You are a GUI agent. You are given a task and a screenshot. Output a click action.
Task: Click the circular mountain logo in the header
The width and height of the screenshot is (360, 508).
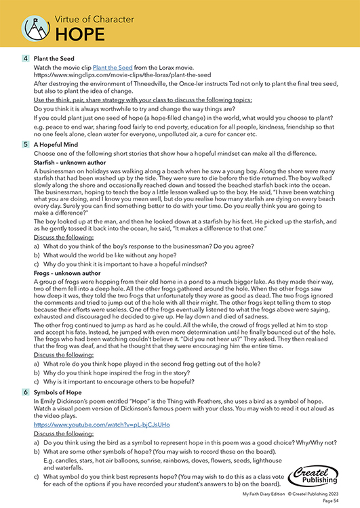(33, 27)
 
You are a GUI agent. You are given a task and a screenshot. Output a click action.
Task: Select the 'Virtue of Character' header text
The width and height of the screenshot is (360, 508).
(94, 18)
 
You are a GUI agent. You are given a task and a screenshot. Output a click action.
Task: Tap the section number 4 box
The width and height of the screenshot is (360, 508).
(25, 59)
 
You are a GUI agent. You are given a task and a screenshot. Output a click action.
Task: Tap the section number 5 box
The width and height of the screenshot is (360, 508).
(25, 144)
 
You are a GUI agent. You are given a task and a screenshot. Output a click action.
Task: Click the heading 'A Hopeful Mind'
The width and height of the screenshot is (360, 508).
(58, 144)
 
